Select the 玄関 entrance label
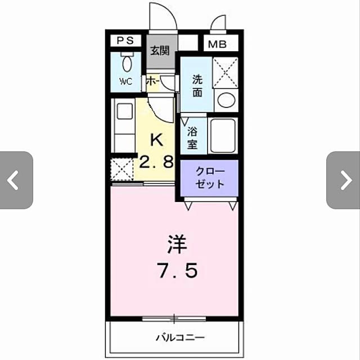click(x=159, y=50)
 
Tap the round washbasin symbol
click(x=226, y=101)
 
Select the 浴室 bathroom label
click(x=192, y=138)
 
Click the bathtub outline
click(x=223, y=136)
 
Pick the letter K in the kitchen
click(x=156, y=139)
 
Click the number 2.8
click(x=156, y=163)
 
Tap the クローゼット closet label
click(x=210, y=178)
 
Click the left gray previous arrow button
click(x=15, y=180)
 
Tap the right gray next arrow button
click(x=344, y=180)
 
